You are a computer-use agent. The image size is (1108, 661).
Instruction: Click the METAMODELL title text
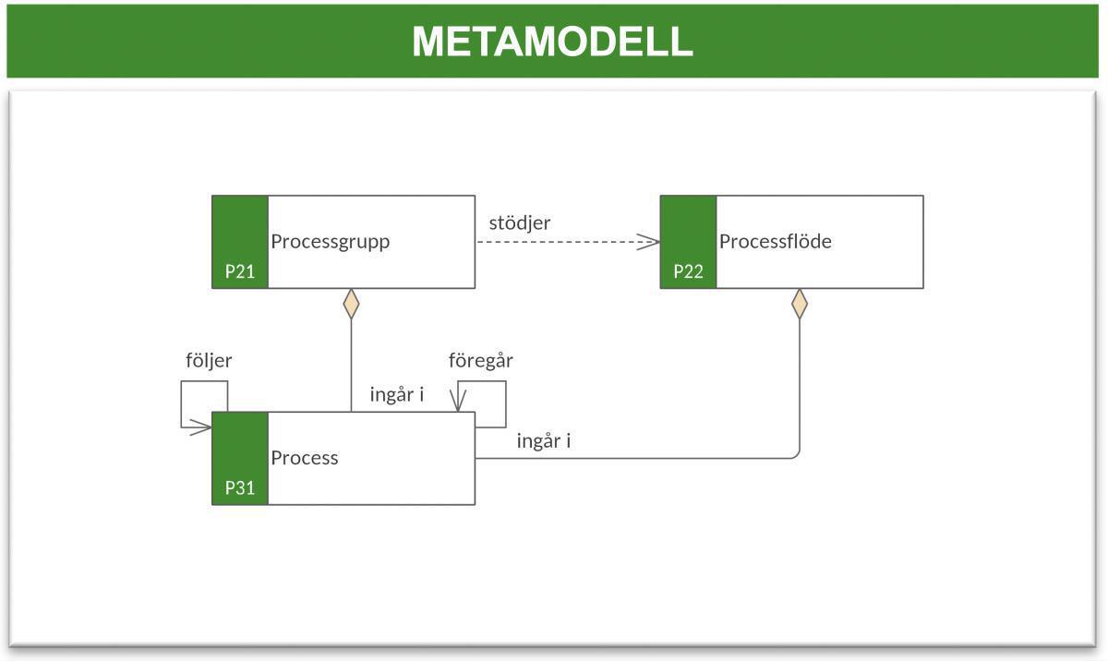(552, 42)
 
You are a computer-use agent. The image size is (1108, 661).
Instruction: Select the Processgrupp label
(330, 242)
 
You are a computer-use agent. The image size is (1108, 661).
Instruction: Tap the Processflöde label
(775, 242)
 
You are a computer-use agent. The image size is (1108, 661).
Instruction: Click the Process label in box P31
(304, 458)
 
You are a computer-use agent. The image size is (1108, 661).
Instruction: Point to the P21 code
(240, 271)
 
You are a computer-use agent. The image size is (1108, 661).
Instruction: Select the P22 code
(688, 271)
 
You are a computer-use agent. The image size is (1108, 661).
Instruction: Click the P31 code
(240, 488)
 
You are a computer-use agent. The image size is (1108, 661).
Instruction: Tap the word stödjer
(520, 222)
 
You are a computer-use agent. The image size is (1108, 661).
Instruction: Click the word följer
(209, 361)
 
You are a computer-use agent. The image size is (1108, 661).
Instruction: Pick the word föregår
(480, 361)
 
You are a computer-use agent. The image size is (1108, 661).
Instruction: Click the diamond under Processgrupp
(351, 304)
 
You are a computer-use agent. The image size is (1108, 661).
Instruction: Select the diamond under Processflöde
(799, 304)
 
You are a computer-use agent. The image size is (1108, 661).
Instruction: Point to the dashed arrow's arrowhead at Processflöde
(651, 242)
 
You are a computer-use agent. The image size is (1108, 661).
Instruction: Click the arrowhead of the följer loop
(203, 427)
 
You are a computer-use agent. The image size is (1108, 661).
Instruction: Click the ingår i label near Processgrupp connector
(396, 395)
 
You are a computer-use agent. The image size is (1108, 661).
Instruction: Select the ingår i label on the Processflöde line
(544, 441)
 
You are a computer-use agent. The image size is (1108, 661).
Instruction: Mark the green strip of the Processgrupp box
(240, 231)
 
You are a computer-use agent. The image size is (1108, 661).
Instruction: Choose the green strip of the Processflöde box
(688, 231)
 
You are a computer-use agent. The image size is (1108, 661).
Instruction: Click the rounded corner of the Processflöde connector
(796, 455)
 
